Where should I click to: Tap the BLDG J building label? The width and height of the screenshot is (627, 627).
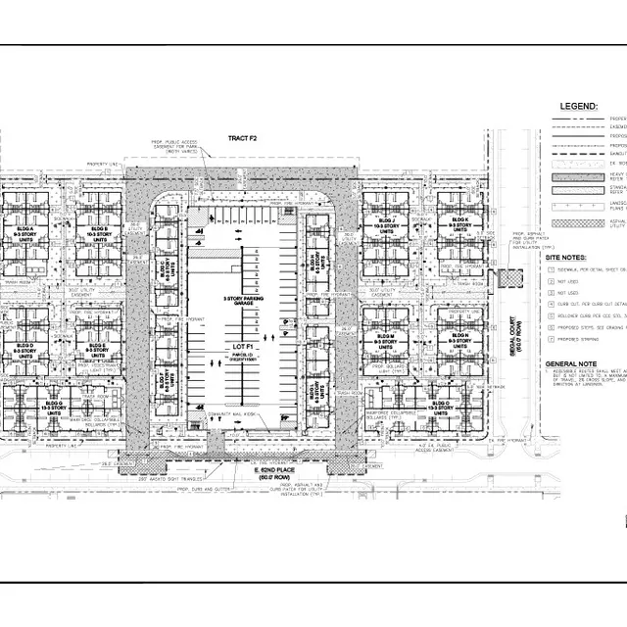(x=386, y=227)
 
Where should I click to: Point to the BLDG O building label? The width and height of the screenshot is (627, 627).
(x=438, y=404)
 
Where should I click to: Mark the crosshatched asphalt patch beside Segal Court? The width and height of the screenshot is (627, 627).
(x=510, y=279)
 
